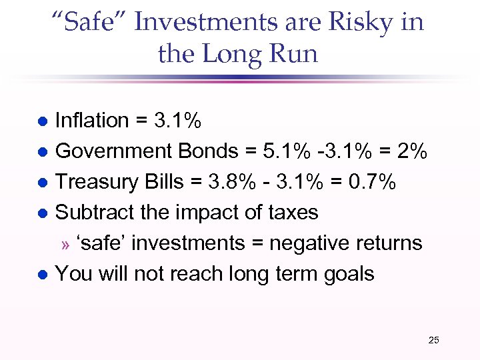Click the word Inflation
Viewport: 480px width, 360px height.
click(x=92, y=121)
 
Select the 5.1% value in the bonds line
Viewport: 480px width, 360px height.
click(x=286, y=151)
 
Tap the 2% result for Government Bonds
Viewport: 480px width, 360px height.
click(x=409, y=151)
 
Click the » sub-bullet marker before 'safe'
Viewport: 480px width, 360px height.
click(x=65, y=245)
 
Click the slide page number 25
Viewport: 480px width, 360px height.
click(x=433, y=341)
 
